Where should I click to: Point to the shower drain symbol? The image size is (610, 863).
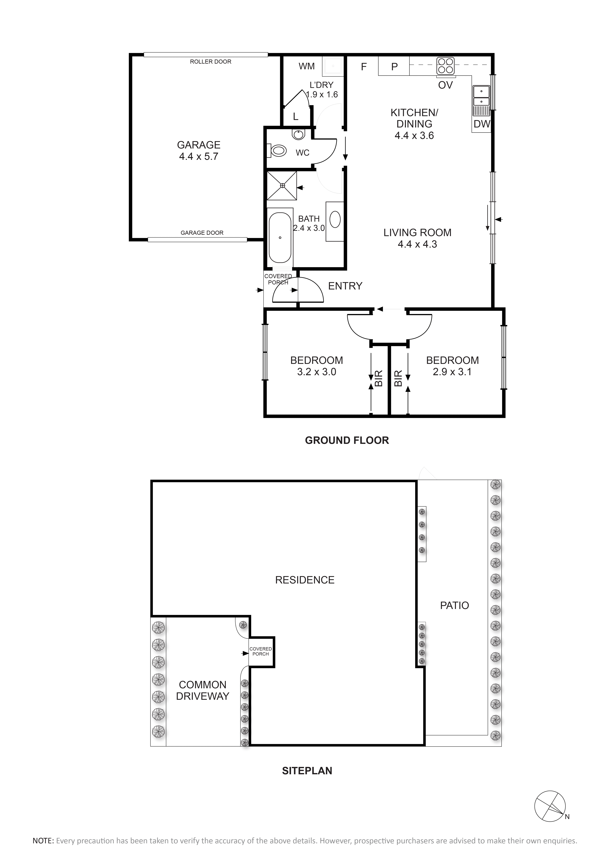click(x=282, y=186)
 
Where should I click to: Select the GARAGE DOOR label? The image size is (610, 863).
click(x=202, y=233)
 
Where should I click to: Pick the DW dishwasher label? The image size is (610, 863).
click(x=482, y=124)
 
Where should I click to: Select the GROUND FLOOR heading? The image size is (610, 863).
click(x=347, y=440)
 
